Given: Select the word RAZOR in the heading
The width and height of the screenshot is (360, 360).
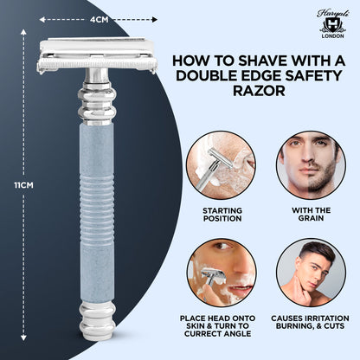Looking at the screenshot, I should [198, 112].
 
